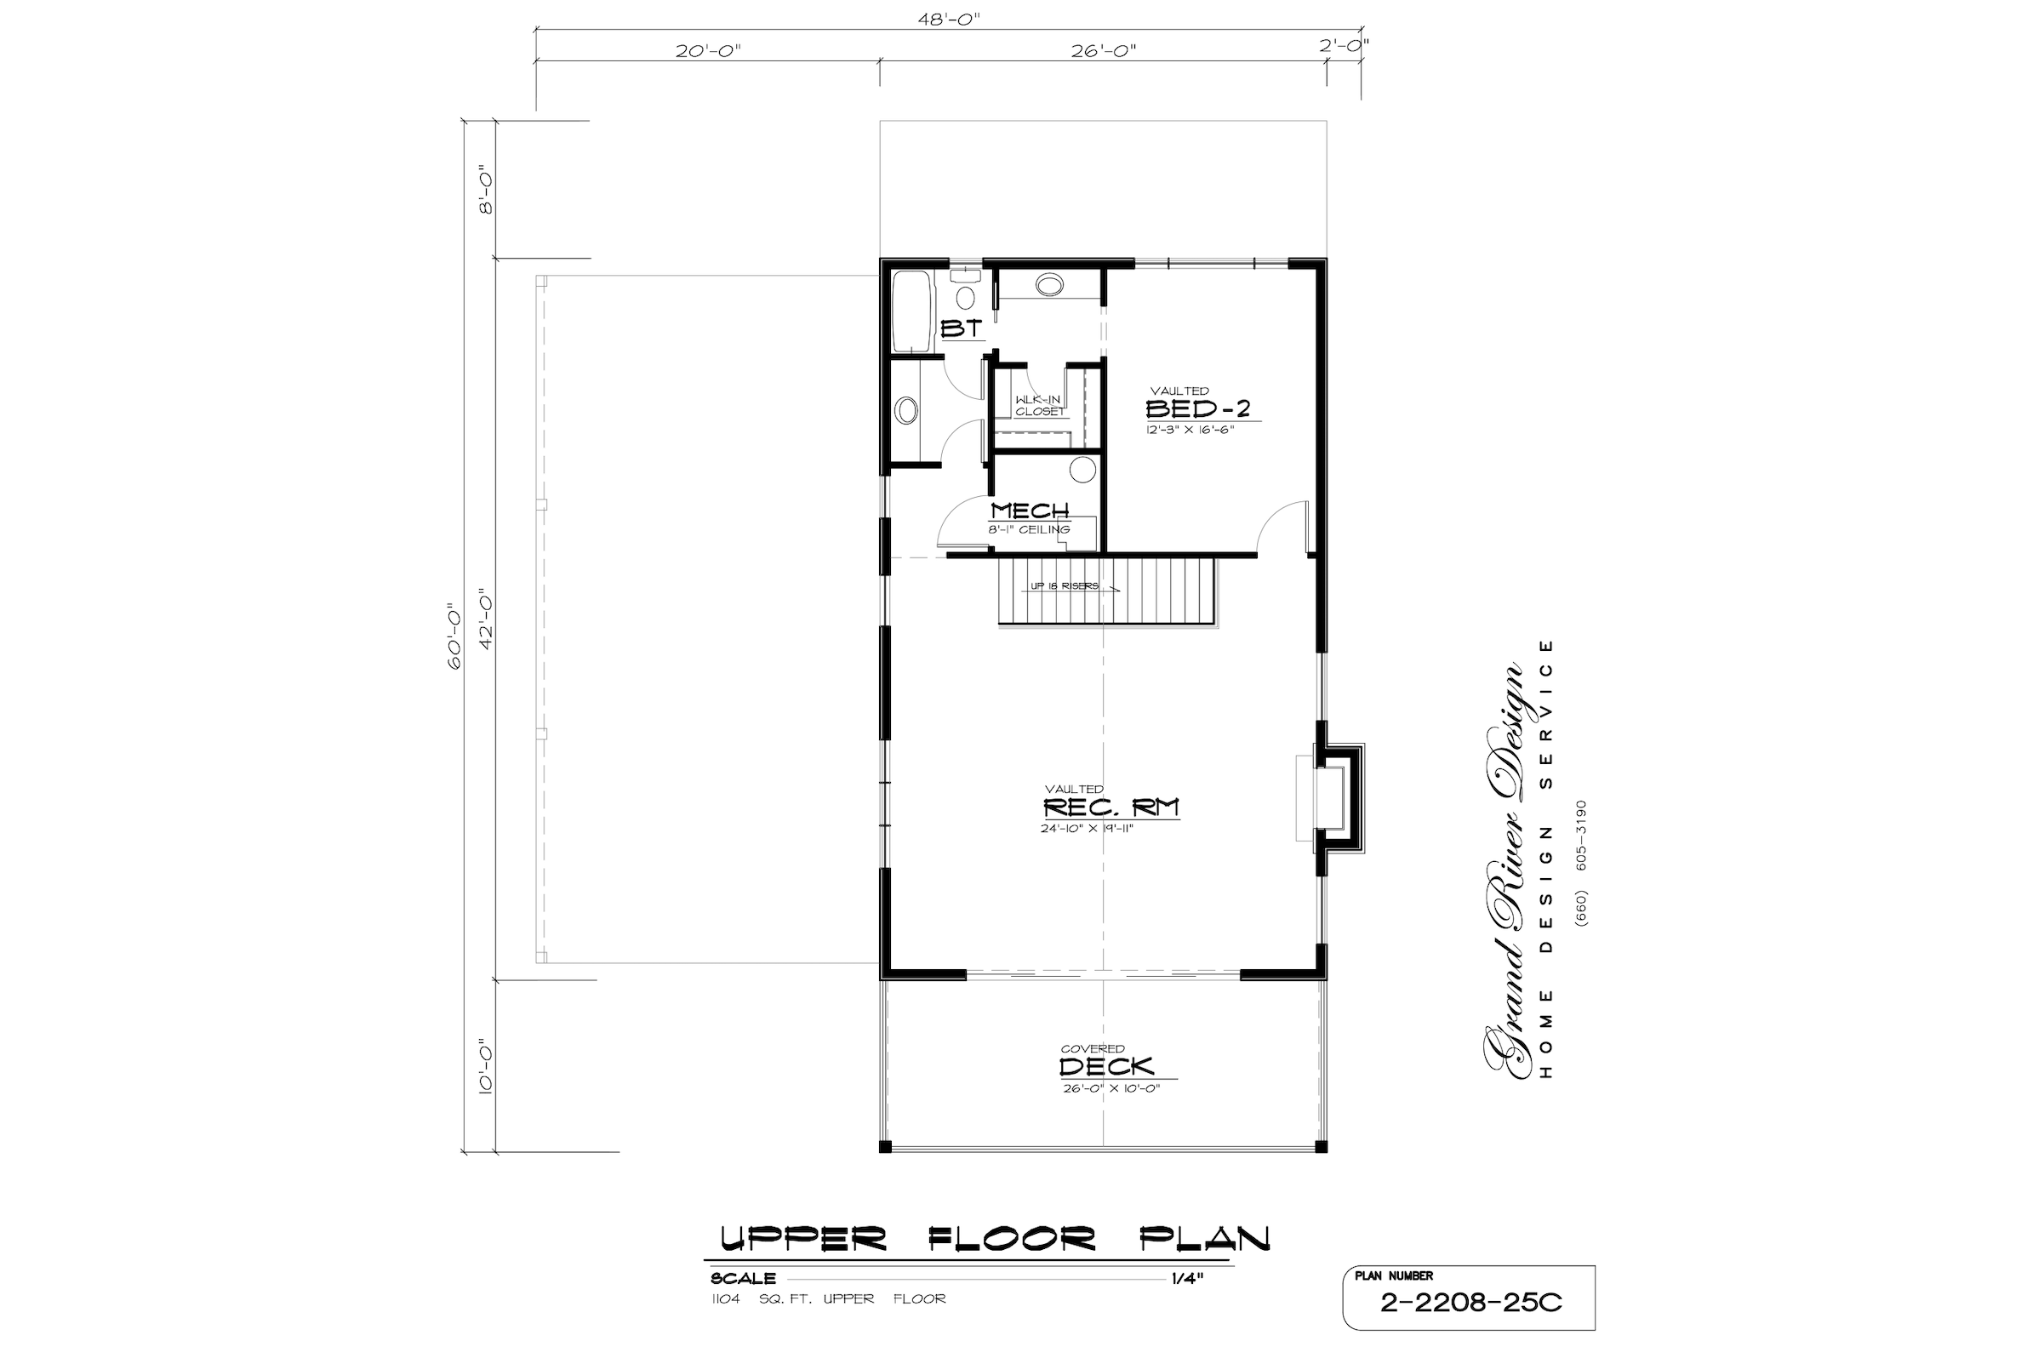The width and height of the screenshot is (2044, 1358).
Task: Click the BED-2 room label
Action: [1198, 408]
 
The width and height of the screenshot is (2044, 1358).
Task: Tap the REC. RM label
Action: [1111, 808]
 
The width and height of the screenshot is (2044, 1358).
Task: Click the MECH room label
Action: [1030, 511]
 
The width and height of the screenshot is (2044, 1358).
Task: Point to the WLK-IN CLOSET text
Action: [1038, 405]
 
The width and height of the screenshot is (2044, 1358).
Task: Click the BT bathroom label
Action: [962, 329]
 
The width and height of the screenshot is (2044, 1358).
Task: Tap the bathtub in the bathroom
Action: [911, 311]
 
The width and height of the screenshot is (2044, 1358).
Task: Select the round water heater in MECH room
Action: [1082, 470]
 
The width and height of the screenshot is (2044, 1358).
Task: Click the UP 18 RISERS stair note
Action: [1065, 586]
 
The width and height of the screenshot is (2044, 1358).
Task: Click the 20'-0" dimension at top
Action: [709, 50]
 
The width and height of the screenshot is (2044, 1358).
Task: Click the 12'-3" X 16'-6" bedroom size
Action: [1189, 430]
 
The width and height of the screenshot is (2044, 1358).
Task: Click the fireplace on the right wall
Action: [1333, 797]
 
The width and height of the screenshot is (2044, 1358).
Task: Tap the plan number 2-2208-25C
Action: [1470, 1304]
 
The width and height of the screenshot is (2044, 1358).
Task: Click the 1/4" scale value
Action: [1189, 1278]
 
